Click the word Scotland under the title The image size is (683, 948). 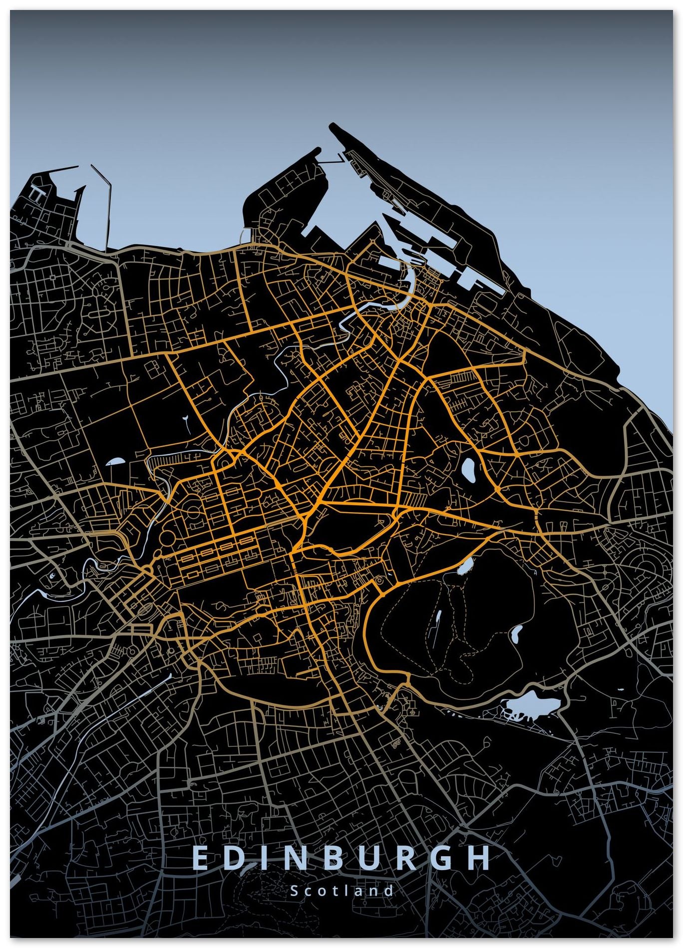click(x=342, y=891)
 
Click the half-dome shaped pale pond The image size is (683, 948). click(x=116, y=462)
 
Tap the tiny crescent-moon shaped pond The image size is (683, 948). click(x=53, y=578)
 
